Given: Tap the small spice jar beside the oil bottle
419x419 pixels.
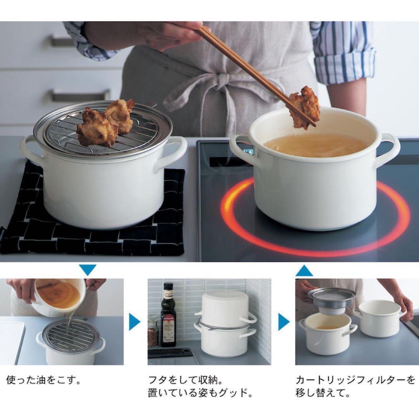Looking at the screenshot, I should (153, 332).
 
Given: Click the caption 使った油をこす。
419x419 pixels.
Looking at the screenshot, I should (44, 379).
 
